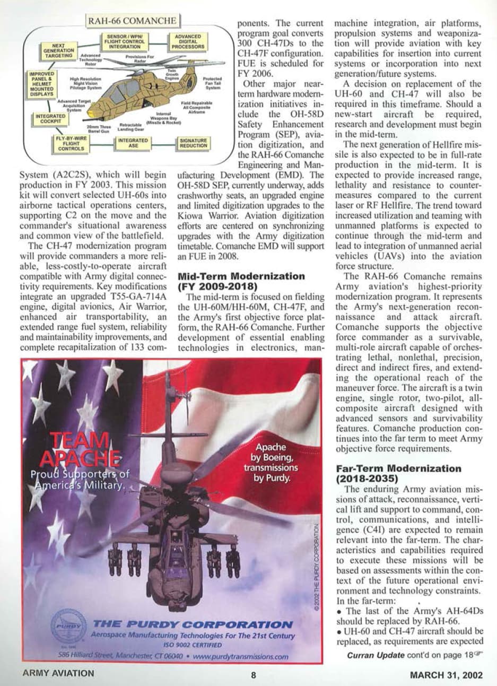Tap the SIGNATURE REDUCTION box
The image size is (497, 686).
193,143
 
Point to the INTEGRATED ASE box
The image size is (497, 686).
133,143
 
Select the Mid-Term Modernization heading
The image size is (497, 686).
241,281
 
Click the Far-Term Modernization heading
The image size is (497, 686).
398,473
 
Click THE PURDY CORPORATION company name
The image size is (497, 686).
193,624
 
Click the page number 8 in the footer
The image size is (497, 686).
254,675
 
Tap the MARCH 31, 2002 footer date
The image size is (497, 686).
446,675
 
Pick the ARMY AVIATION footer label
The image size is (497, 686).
58,674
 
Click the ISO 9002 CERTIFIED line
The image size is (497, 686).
193,645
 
